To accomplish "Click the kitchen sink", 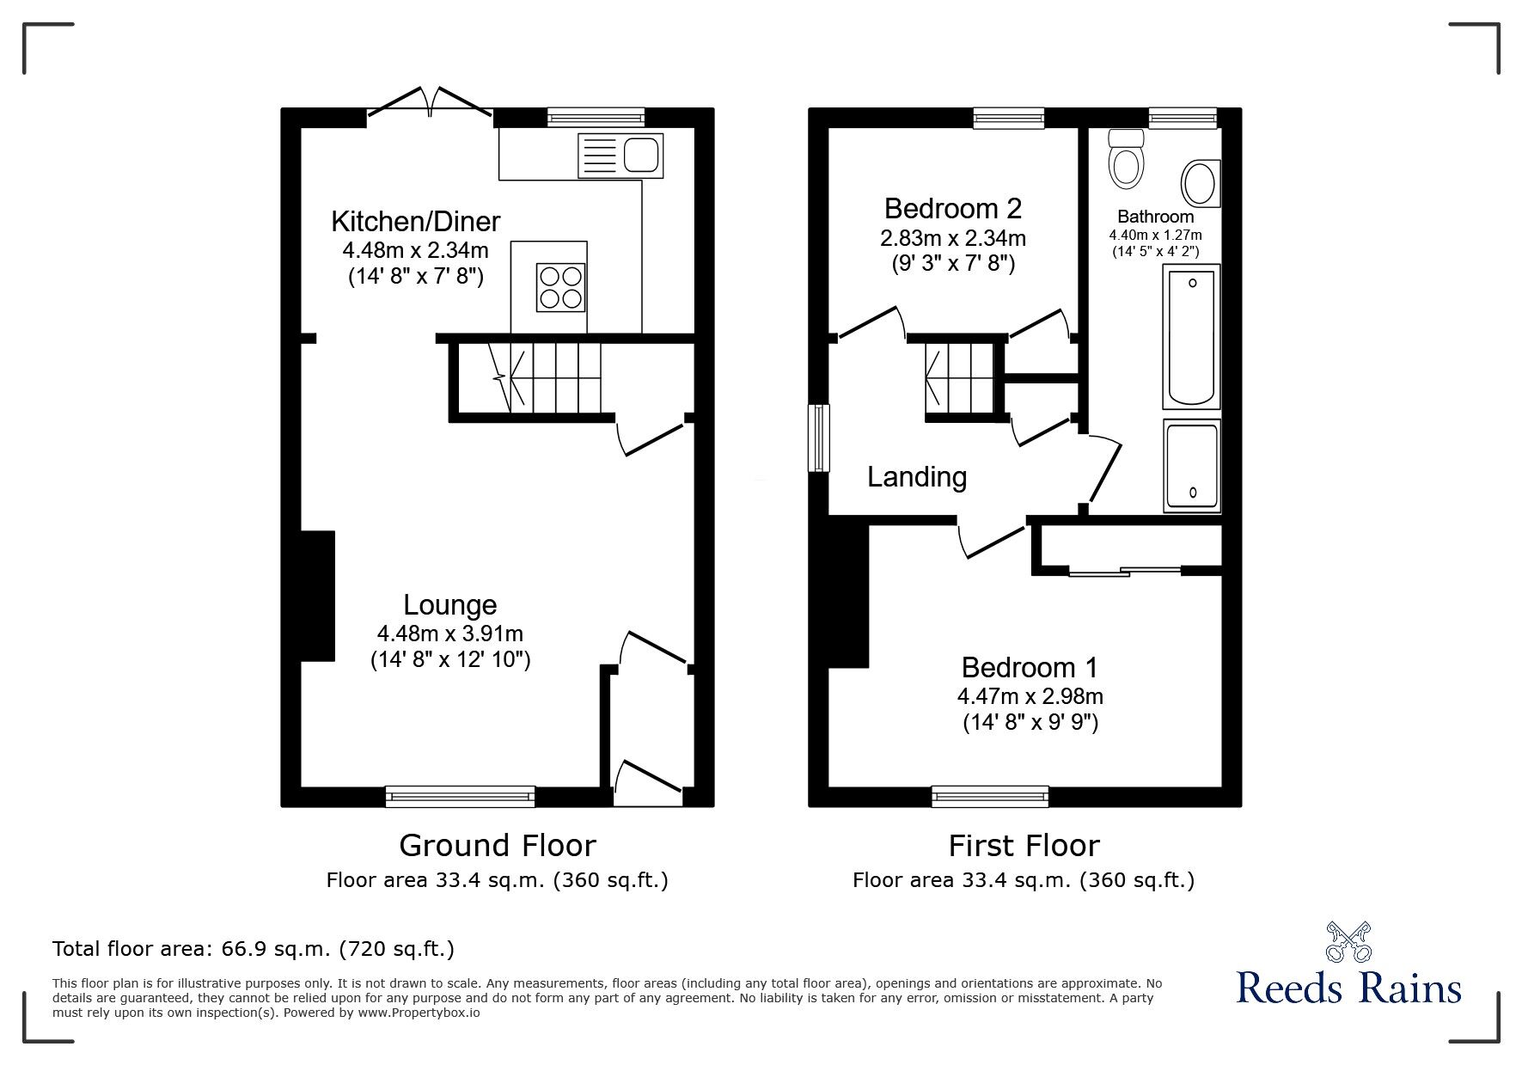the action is [x=621, y=155].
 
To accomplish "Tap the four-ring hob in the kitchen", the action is [x=561, y=287].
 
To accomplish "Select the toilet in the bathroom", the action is [x=1127, y=159].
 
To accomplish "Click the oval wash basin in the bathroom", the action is [x=1201, y=184].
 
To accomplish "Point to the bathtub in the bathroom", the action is [x=1191, y=337].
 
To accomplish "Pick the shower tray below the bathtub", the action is [x=1192, y=465].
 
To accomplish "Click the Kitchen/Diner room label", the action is [x=416, y=222].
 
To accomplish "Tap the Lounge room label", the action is [x=450, y=605].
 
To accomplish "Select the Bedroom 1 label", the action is [x=1030, y=667].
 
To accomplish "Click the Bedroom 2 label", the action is [x=953, y=208].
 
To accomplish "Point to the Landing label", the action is [x=917, y=477].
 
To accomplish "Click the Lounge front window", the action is [x=461, y=797].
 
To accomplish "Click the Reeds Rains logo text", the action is [x=1349, y=988].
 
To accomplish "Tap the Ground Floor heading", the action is [x=498, y=846].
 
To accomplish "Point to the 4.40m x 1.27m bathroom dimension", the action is [x=1155, y=235].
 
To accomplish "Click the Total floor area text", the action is [x=254, y=949].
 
